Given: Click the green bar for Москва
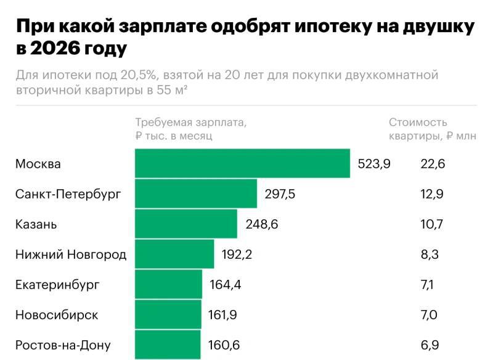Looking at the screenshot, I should [242, 163].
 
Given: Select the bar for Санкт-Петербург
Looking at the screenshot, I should [196, 194].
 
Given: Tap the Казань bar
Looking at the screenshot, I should [186, 224].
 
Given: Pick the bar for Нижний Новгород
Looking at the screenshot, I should [174, 254].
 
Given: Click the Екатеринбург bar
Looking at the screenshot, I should [168, 284].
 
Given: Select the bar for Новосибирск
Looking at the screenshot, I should [168, 314].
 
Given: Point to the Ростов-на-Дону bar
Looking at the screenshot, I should [168, 345].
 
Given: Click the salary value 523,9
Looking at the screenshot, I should [374, 164].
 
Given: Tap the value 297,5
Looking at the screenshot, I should [280, 194].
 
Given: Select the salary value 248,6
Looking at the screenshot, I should [261, 224].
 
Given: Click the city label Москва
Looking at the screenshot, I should [38, 164].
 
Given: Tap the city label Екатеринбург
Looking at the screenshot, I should [57, 285].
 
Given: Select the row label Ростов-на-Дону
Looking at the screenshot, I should [63, 345].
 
